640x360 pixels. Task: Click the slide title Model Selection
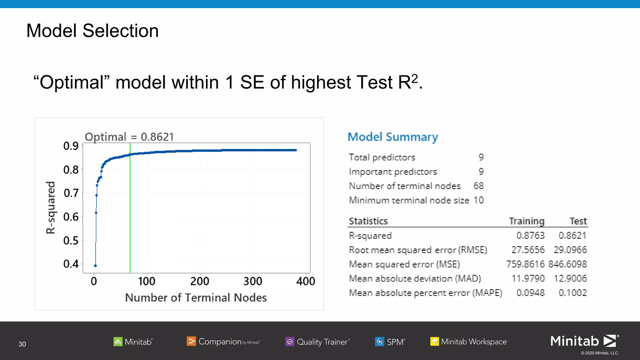pyautogui.click(x=92, y=31)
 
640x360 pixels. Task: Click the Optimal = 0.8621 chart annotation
pyautogui.click(x=129, y=137)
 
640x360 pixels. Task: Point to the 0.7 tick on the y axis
pyautogui.click(x=71, y=193)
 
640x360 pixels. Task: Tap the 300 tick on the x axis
pyautogui.click(x=253, y=281)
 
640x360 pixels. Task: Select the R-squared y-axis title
pyautogui.click(x=51, y=207)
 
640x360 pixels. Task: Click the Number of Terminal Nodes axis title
pyautogui.click(x=196, y=297)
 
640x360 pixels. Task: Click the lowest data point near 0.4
pyautogui.click(x=95, y=266)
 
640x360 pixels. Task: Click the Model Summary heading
pyautogui.click(x=393, y=137)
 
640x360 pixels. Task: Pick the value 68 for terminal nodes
pyautogui.click(x=478, y=186)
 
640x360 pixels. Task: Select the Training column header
pyautogui.click(x=527, y=221)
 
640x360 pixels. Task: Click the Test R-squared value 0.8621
pyautogui.click(x=572, y=235)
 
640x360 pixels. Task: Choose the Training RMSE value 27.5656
pyautogui.click(x=528, y=250)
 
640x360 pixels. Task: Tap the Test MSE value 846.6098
pyautogui.click(x=567, y=264)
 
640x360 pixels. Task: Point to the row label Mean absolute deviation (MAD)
pyautogui.click(x=415, y=278)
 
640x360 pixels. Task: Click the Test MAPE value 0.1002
pyautogui.click(x=572, y=293)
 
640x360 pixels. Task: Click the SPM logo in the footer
pyautogui.click(x=390, y=342)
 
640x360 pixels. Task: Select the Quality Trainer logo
pyautogui.click(x=317, y=342)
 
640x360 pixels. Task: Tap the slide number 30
pyautogui.click(x=22, y=344)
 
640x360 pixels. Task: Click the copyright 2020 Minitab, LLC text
pyautogui.click(x=600, y=353)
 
